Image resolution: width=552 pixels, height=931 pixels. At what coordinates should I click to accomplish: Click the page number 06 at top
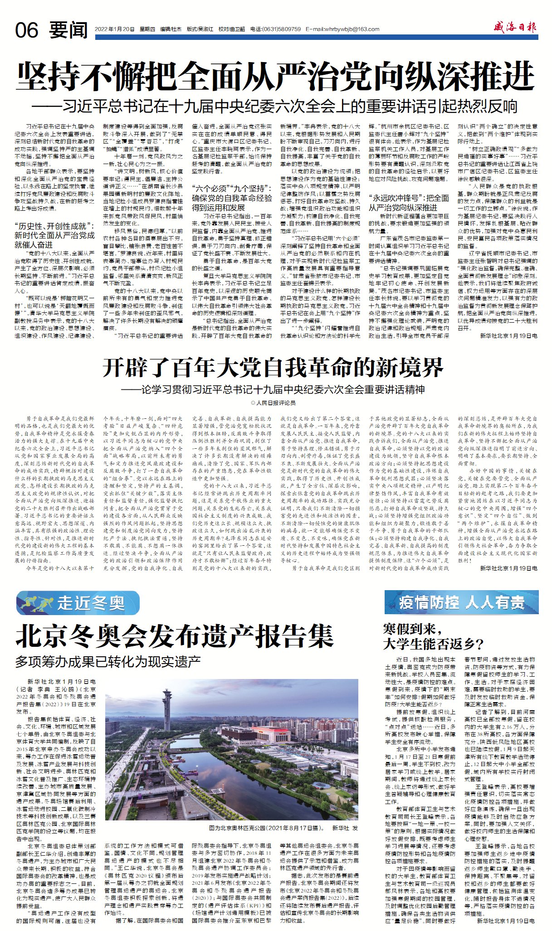[x=27, y=30]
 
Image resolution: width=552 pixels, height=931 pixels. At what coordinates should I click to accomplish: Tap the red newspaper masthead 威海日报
[x=515, y=28]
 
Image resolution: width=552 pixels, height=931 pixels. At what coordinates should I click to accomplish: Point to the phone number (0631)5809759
[x=282, y=29]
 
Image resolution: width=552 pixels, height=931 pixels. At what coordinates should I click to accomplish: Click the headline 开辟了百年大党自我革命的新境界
[x=273, y=367]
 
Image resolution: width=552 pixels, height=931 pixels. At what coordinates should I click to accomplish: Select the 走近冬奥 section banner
[x=77, y=603]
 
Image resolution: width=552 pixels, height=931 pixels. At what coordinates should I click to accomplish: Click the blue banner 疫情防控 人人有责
[x=461, y=602]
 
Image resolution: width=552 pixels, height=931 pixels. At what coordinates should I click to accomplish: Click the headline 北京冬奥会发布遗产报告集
[x=175, y=637]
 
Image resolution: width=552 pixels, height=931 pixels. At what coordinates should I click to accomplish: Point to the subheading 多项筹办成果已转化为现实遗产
[x=108, y=661]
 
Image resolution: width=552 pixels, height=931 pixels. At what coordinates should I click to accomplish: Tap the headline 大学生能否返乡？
[x=434, y=644]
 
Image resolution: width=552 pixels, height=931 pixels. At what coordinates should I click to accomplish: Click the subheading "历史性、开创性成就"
[x=54, y=235]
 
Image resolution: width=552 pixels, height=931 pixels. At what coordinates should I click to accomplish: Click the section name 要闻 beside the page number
[x=69, y=30]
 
